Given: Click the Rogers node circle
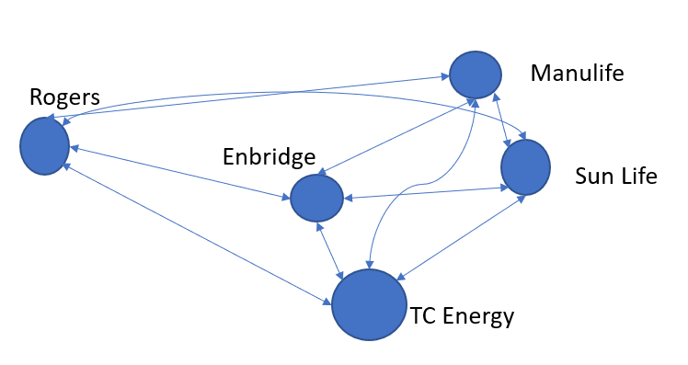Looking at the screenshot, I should point(44,147).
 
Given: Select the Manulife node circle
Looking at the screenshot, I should point(475,74).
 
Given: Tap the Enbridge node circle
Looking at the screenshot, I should point(316,198).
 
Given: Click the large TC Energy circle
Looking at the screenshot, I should point(369,304).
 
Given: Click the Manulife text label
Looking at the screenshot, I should point(577,73).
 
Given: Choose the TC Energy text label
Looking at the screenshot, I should point(462,317).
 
